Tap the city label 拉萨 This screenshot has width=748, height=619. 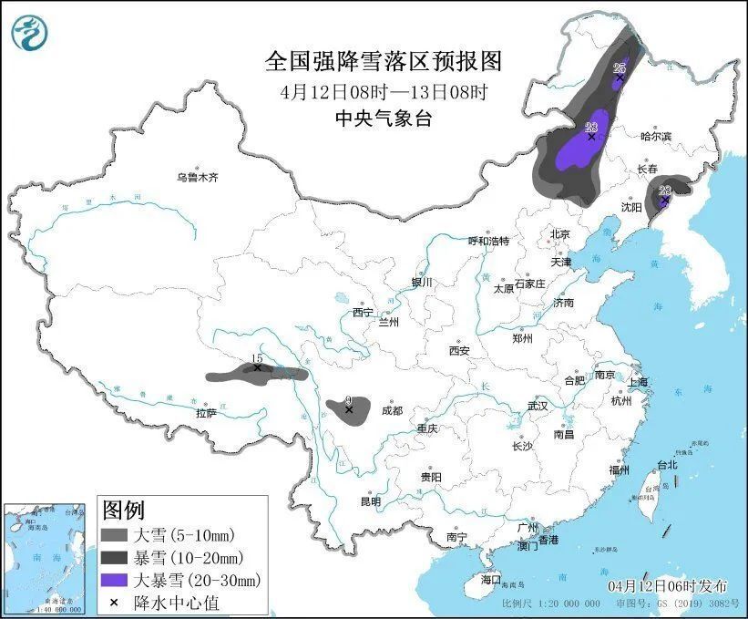(x=207, y=413)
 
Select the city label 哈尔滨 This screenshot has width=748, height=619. (x=655, y=136)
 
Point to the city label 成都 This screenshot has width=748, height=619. (x=392, y=411)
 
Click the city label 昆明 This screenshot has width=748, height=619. (x=370, y=500)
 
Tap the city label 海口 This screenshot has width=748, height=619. (x=491, y=580)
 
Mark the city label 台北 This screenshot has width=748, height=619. (x=667, y=465)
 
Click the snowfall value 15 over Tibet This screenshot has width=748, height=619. (x=257, y=358)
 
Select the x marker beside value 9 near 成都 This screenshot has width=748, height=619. (x=349, y=410)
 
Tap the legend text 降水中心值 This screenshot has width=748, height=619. (x=176, y=602)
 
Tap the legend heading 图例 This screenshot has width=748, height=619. (x=123, y=509)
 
